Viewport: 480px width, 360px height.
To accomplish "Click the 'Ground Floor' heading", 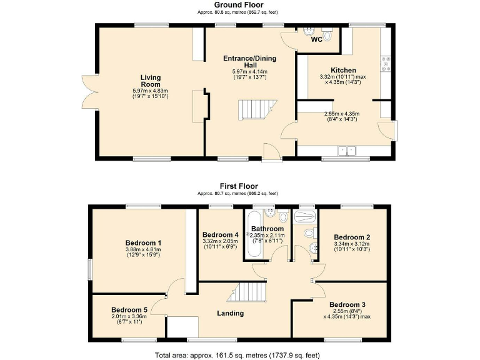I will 239,5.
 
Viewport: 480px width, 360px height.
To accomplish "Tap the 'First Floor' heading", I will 239,186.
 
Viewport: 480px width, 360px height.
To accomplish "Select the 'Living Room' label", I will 151,81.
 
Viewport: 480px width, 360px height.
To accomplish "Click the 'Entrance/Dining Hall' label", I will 250,61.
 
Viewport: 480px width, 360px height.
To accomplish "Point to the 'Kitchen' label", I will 343,71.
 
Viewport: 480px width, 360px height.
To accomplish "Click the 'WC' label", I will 317,40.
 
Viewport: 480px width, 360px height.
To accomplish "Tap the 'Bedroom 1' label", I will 143,243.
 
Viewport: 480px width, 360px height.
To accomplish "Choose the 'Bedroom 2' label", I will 352,237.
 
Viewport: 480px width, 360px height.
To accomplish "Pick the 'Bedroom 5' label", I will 129,309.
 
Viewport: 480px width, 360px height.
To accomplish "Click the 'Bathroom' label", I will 267,229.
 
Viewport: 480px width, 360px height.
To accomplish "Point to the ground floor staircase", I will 254,110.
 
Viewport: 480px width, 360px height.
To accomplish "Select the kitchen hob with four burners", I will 386,62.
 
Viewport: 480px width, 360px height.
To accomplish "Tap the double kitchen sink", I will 345,151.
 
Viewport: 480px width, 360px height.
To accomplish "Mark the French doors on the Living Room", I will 89,92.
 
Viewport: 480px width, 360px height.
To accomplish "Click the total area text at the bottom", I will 239,355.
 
